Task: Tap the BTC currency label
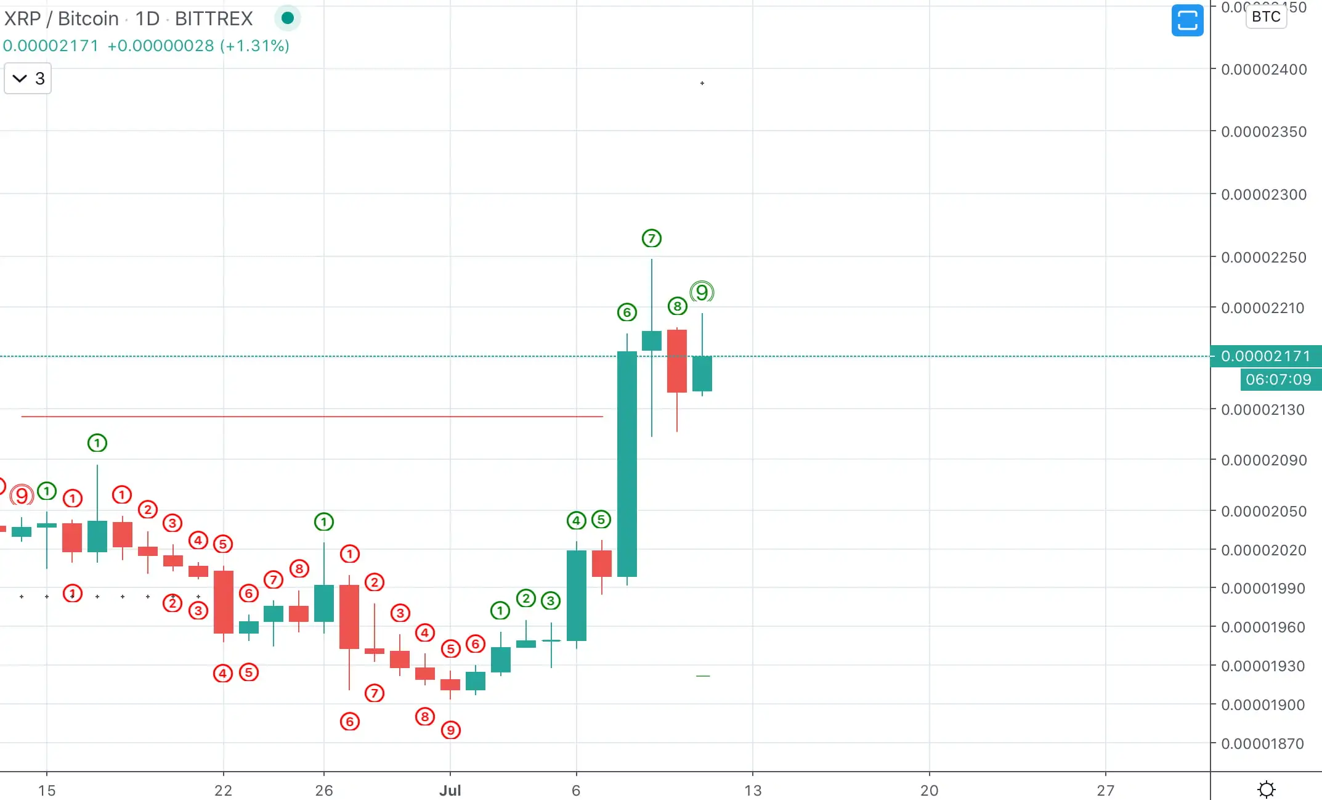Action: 1266,17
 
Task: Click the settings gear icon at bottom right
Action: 1266,789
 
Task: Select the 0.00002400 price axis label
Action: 1263,70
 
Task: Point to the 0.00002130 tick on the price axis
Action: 1262,410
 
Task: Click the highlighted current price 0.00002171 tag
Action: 1265,356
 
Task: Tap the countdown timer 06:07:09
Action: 1278,380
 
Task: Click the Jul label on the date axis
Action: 450,790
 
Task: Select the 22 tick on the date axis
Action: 223,790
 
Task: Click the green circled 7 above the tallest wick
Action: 651,239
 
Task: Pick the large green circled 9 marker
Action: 702,292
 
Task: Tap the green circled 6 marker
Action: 627,312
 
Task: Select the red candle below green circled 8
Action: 676,361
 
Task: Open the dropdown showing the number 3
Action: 28,79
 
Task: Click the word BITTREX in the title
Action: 214,18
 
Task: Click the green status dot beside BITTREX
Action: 287,18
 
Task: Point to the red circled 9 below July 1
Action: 450,730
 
